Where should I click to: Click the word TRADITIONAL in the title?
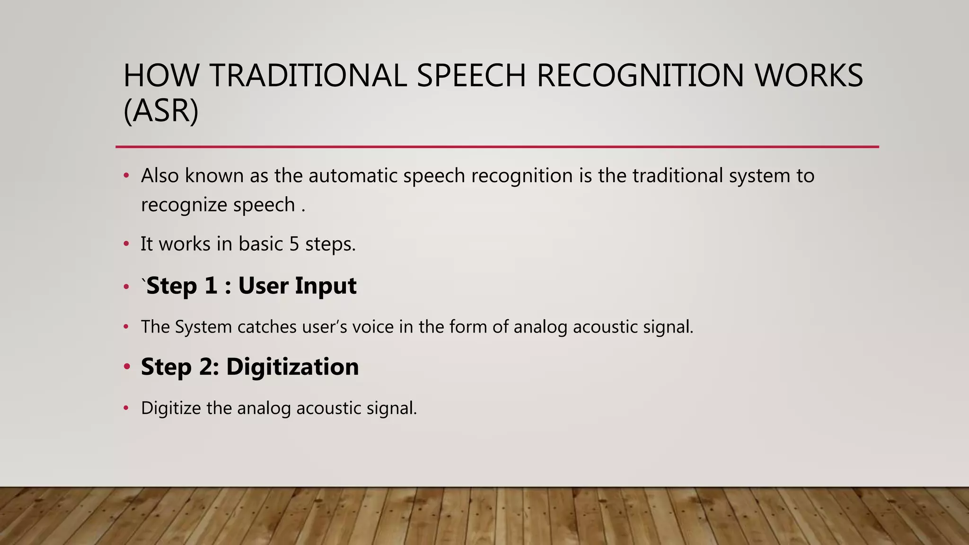click(308, 76)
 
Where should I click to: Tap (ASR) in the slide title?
click(161, 111)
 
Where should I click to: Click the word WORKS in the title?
click(809, 76)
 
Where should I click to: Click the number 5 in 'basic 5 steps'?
click(294, 244)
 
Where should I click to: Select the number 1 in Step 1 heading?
click(211, 286)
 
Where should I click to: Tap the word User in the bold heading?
click(263, 286)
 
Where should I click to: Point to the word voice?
click(373, 327)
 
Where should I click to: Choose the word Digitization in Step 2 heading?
click(292, 367)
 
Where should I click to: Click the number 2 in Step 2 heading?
click(208, 367)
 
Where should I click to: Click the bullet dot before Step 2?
click(126, 367)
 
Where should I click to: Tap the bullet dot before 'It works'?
click(126, 244)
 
